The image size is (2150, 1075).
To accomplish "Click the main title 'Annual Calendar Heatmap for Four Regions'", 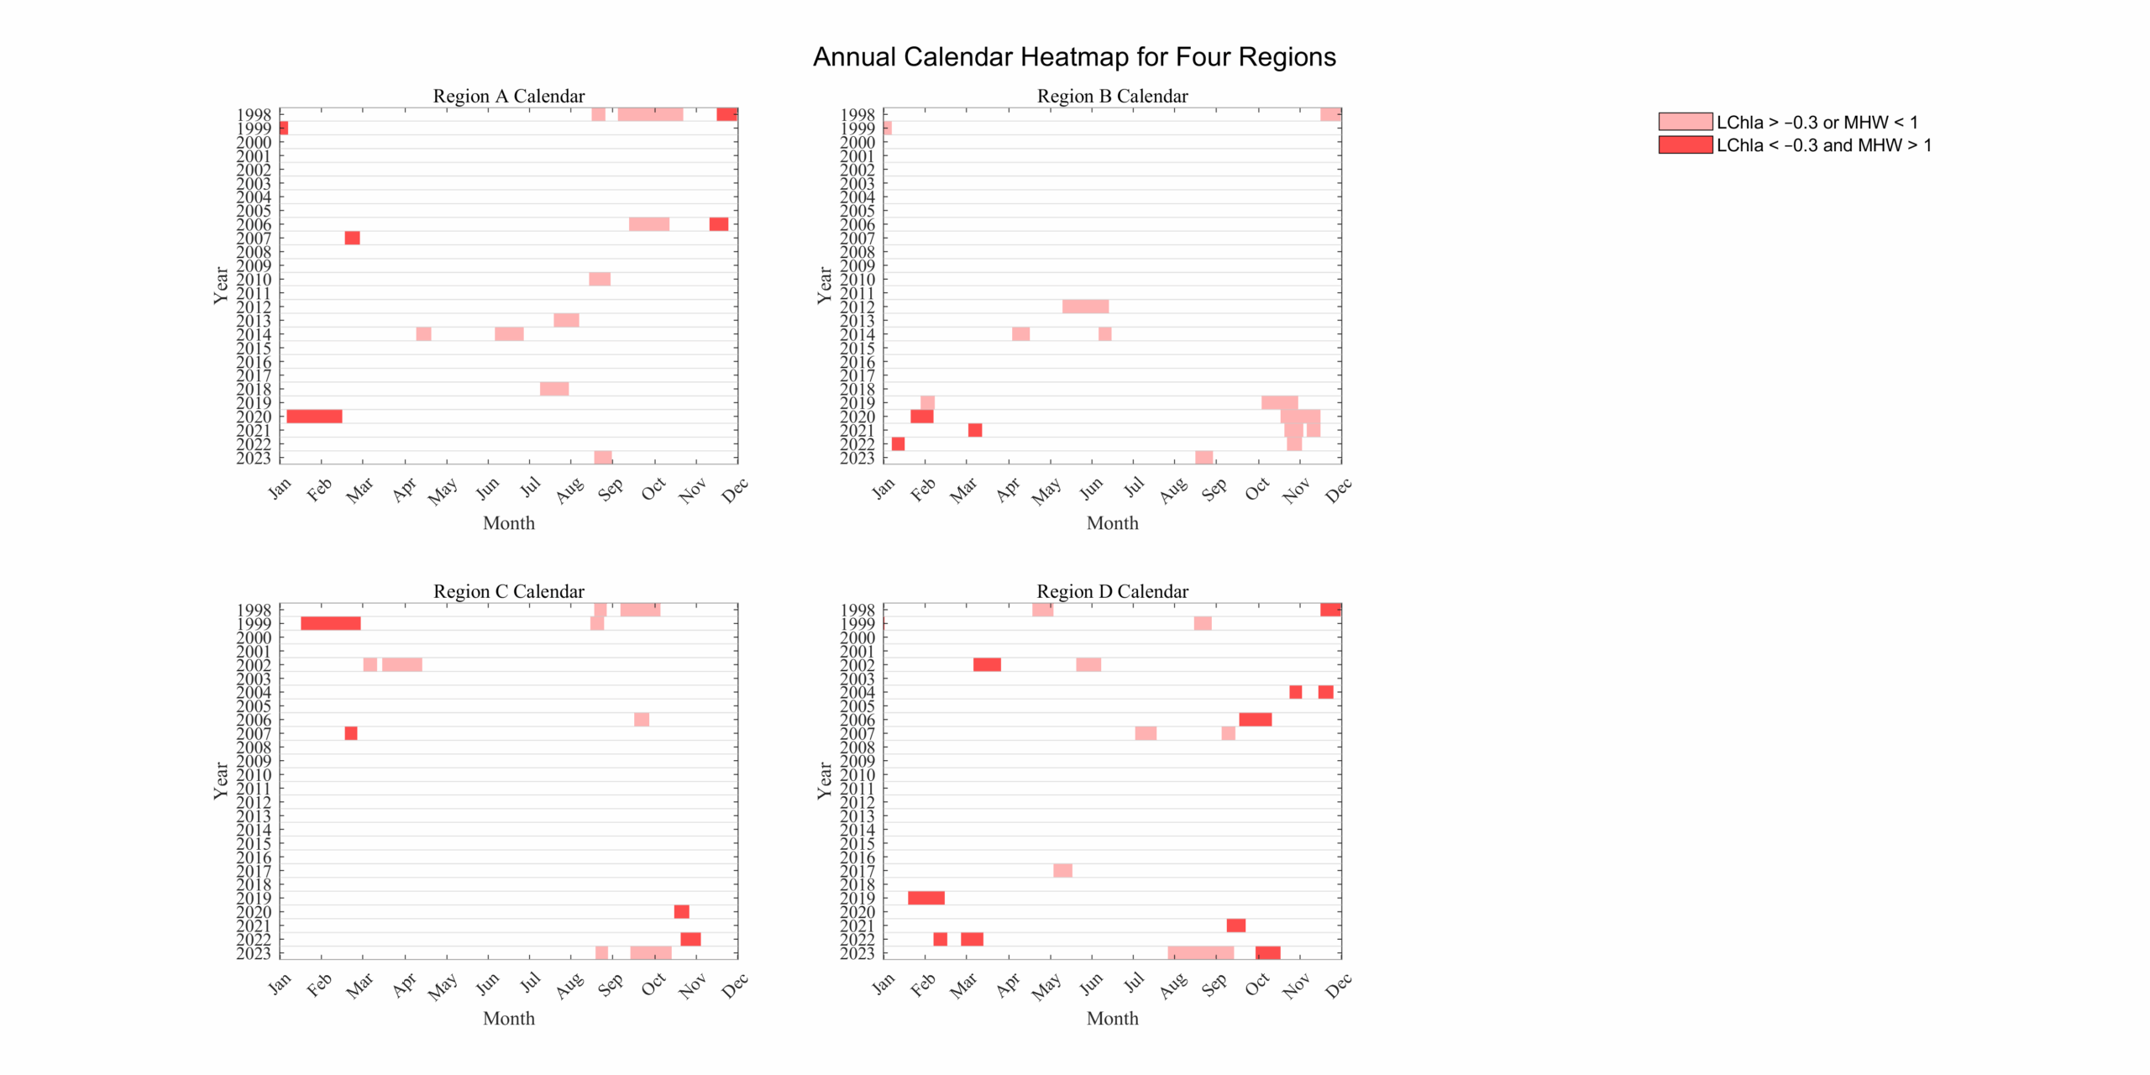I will click(x=1073, y=57).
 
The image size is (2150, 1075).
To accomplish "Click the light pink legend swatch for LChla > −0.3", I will click(x=1684, y=122).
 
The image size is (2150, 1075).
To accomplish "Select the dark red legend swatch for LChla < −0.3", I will click(x=1684, y=144).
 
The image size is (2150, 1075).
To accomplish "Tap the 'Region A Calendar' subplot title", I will click(x=508, y=96).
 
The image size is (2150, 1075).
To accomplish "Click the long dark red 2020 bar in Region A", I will click(x=314, y=417).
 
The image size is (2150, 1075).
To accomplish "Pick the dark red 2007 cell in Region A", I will click(x=352, y=239).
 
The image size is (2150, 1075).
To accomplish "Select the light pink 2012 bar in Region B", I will click(x=1084, y=307).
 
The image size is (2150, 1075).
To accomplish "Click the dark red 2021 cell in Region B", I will click(x=974, y=430).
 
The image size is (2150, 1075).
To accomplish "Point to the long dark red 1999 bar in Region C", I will click(x=330, y=623).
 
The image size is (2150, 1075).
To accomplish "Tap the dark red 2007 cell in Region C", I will click(x=351, y=733).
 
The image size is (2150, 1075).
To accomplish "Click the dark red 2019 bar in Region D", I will click(x=926, y=898).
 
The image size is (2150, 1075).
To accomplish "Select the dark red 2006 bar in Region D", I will click(x=1255, y=720).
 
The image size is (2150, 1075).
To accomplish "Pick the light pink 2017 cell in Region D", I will click(x=1062, y=871).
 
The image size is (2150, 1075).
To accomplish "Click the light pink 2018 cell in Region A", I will click(x=554, y=389).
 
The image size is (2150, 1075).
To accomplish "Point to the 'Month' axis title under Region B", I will click(x=1112, y=523).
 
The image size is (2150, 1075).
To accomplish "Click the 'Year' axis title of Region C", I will click(x=221, y=780).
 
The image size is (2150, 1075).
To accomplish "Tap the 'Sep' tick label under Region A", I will click(x=611, y=488).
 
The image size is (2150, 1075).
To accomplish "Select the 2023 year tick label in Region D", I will click(x=857, y=953).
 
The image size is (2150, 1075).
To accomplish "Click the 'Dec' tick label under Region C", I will click(x=734, y=984).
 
